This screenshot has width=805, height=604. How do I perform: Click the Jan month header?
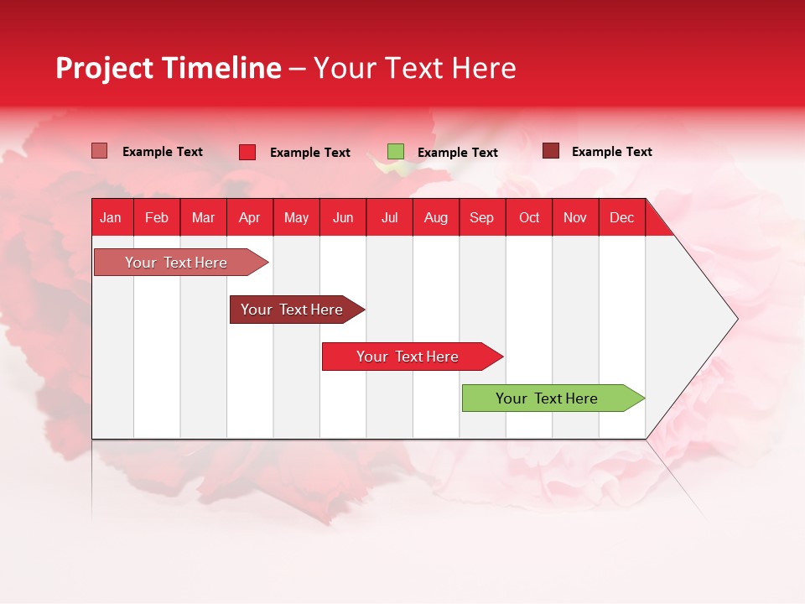click(x=111, y=218)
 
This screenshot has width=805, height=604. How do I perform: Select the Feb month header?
click(x=157, y=218)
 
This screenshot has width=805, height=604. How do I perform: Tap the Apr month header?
click(x=250, y=218)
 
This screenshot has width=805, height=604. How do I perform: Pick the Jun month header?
click(x=343, y=218)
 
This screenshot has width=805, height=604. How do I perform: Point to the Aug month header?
click(x=436, y=218)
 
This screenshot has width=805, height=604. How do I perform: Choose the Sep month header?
click(x=482, y=218)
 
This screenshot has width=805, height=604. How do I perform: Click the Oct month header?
click(x=529, y=218)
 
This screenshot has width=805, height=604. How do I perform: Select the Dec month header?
click(x=622, y=218)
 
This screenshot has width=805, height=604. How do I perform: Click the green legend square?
click(x=396, y=152)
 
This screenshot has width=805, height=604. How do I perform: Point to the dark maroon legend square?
click(x=551, y=151)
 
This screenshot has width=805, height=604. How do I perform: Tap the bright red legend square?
click(x=247, y=152)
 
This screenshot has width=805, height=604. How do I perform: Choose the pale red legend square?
click(x=100, y=151)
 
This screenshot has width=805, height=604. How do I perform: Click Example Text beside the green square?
click(x=458, y=153)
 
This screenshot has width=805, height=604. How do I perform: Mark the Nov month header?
click(x=575, y=218)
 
